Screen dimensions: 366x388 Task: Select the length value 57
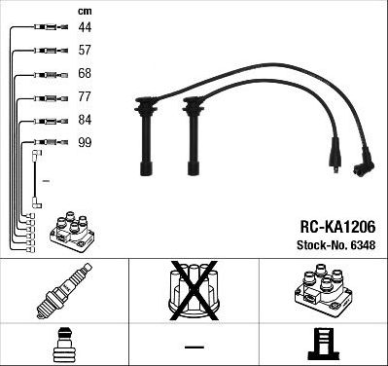pos(86,51)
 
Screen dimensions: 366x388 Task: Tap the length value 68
pos(86,74)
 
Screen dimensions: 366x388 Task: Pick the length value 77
pos(86,97)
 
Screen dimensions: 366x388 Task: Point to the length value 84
pos(86,120)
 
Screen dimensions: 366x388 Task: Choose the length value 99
pos(86,142)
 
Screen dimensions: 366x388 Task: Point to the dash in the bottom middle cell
pos(194,346)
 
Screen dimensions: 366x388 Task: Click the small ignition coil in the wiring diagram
pos(71,230)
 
